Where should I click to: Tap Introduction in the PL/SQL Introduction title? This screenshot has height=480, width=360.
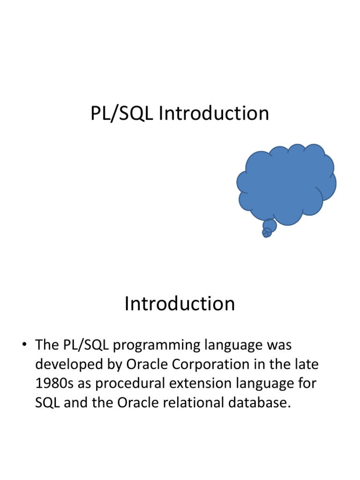tap(214, 114)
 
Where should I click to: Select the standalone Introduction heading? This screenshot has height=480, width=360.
tap(180, 304)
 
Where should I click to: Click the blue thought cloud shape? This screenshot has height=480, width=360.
tap(286, 183)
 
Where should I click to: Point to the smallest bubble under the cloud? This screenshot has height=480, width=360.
tap(265, 235)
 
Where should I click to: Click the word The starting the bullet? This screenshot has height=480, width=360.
tap(47, 345)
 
